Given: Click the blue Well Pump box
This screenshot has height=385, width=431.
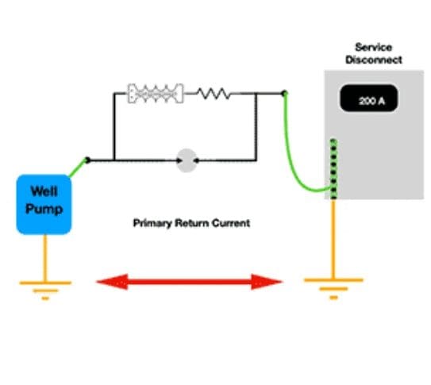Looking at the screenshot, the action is pyautogui.click(x=44, y=205).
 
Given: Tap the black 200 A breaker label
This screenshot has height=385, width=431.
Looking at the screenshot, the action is pyautogui.click(x=369, y=98).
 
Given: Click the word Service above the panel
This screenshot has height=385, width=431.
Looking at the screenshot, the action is pyautogui.click(x=374, y=48).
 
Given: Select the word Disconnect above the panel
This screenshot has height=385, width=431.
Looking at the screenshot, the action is pyautogui.click(x=374, y=60).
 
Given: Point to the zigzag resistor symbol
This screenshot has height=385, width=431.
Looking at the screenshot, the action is pyautogui.click(x=214, y=94).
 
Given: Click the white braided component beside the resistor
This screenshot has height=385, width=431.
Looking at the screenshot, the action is pyautogui.click(x=156, y=94).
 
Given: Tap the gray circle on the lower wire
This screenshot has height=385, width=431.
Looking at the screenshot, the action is pyautogui.click(x=187, y=160).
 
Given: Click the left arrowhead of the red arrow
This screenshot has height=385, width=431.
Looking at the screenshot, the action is pyautogui.click(x=112, y=282).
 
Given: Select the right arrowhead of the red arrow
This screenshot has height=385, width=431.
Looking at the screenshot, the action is pyautogui.click(x=267, y=282).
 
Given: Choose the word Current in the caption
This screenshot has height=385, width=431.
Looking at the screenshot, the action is pyautogui.click(x=231, y=222).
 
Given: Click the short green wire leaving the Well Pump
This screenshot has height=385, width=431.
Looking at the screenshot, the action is pyautogui.click(x=78, y=168).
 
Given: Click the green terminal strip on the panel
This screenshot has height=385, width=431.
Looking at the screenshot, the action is pyautogui.click(x=333, y=169).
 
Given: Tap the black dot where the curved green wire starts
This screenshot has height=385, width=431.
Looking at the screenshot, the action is pyautogui.click(x=284, y=93).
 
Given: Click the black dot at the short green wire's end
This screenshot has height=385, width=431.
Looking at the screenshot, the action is pyautogui.click(x=87, y=160).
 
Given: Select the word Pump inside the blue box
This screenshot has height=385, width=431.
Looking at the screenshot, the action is pyautogui.click(x=44, y=209).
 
